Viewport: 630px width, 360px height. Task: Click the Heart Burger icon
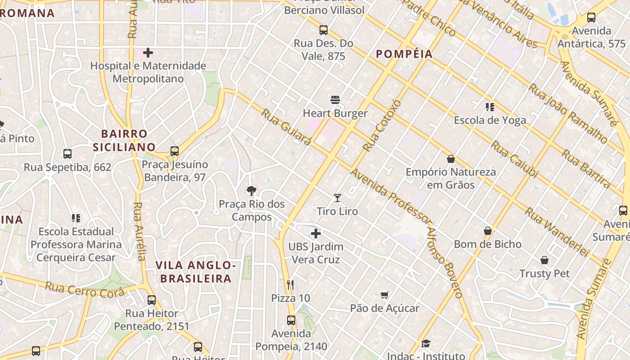click(x=335, y=100)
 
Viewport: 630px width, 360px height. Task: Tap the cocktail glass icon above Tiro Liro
click(x=337, y=198)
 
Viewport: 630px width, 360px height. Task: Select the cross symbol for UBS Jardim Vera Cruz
click(x=316, y=234)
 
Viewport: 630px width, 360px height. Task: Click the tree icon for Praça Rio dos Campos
click(x=252, y=191)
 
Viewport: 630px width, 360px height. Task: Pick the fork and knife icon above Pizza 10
click(x=290, y=284)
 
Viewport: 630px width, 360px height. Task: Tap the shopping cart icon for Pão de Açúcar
click(x=384, y=295)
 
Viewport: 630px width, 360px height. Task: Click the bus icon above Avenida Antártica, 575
click(x=591, y=18)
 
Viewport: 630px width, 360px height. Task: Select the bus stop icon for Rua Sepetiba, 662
click(x=67, y=154)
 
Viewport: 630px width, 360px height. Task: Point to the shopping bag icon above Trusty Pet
click(x=544, y=260)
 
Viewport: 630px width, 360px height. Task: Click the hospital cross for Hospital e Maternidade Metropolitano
click(x=148, y=53)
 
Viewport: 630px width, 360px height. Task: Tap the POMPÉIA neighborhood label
click(x=404, y=54)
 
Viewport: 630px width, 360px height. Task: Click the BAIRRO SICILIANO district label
click(x=124, y=140)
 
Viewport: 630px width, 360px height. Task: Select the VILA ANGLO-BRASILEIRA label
click(x=196, y=272)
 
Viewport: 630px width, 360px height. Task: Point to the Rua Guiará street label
click(x=286, y=127)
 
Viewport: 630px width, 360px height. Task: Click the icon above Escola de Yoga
click(x=490, y=107)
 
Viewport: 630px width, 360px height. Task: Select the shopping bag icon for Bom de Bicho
click(x=488, y=231)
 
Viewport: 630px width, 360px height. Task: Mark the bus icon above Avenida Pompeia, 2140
click(x=291, y=320)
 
